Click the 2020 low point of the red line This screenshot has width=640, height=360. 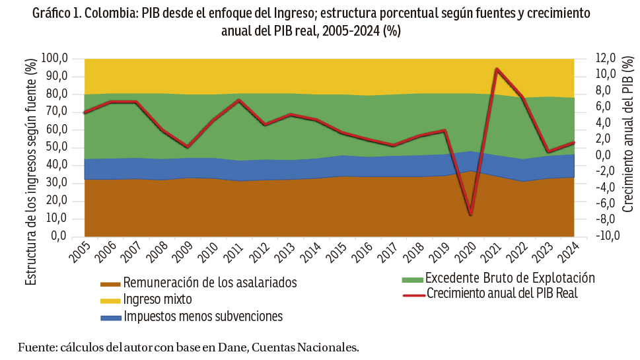click(x=471, y=215)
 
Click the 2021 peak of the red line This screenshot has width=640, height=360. click(x=497, y=69)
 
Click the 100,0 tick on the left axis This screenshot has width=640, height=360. click(x=55, y=59)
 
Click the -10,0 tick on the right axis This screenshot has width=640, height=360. click(x=606, y=236)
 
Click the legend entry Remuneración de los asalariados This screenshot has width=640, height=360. click(x=209, y=283)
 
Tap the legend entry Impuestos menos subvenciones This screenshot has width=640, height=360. click(x=203, y=317)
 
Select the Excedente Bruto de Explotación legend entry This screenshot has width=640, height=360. click(x=510, y=278)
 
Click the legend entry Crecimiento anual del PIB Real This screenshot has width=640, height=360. click(x=502, y=293)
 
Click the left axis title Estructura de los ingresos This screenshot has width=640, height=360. click(x=31, y=172)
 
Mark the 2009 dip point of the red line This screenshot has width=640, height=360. click(x=188, y=147)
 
